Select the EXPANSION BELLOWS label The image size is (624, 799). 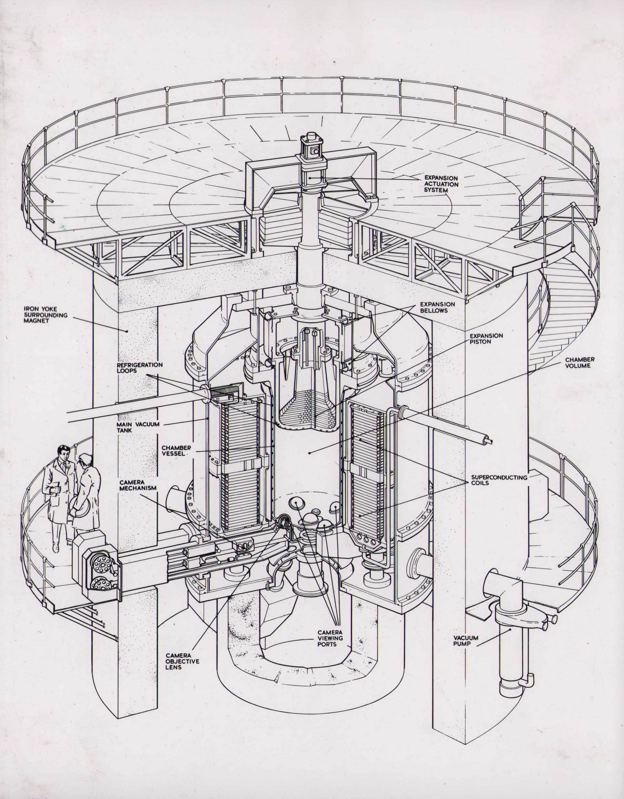[438, 307]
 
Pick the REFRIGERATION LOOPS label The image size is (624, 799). [140, 368]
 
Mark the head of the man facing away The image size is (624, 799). [86, 462]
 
